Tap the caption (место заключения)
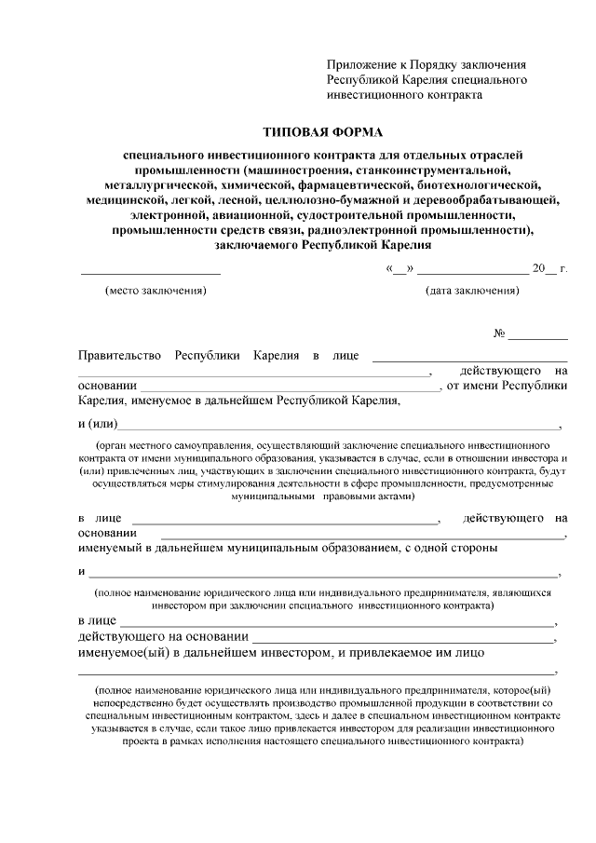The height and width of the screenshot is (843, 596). (x=156, y=290)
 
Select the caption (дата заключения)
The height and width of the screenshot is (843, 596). (x=473, y=290)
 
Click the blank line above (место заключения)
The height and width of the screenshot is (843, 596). (x=150, y=273)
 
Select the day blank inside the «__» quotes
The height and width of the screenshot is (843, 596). (x=400, y=271)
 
